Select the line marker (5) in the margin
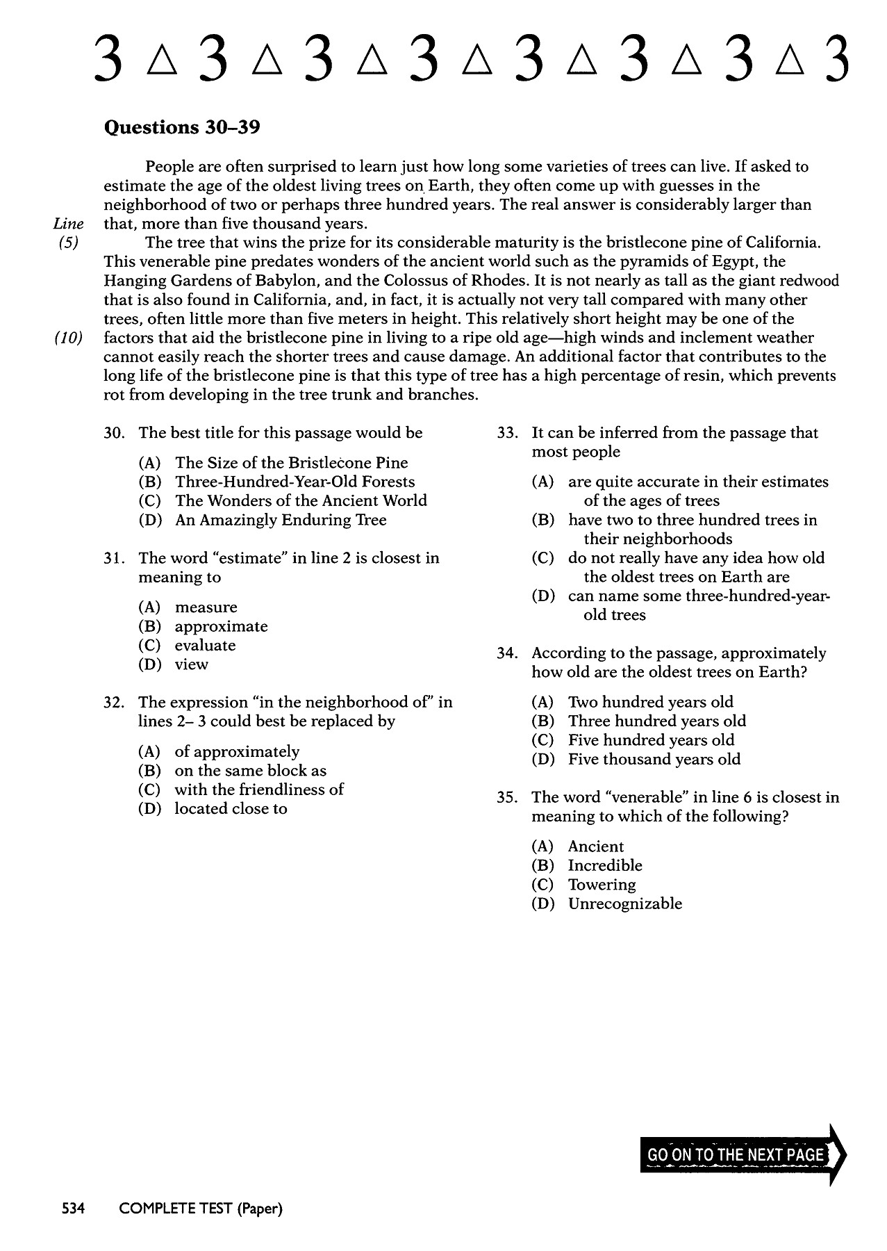69,243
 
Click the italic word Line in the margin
68,224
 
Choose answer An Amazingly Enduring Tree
280,520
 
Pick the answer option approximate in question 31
221,626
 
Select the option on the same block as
250,771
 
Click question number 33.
507,433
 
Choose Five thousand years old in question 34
654,760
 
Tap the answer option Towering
602,885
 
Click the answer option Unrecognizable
624,904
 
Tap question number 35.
507,797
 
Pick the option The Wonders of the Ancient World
300,501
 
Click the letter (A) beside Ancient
542,847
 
